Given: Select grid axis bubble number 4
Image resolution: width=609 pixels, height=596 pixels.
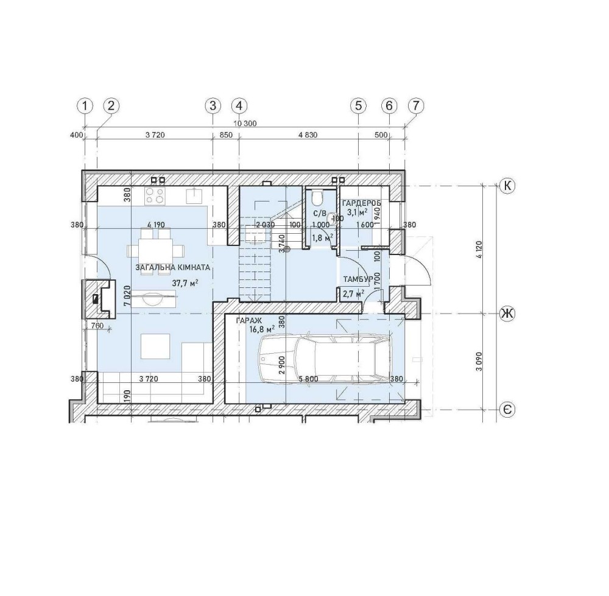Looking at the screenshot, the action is pos(239,105).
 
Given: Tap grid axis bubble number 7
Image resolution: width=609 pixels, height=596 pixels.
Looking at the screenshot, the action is pos(416,105).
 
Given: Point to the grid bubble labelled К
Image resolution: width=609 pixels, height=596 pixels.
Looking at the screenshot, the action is pos(507,186).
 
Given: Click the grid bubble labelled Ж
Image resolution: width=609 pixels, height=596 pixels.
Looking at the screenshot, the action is pos(507,314).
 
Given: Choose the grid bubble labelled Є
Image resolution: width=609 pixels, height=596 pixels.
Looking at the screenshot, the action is pos(507,409).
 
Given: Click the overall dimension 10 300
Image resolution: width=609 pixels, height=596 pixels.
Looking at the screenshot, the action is pos(245,124).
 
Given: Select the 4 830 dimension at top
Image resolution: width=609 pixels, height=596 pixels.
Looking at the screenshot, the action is pos(308,135).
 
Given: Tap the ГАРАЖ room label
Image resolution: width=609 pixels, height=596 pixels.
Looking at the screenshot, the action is pos(249,321).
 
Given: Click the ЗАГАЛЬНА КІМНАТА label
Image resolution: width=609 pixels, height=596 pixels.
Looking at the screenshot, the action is pos(173,267).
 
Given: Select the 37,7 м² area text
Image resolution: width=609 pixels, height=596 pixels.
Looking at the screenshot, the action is pos(185,283).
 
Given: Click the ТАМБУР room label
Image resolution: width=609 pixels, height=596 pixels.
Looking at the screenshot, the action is pos(358,279).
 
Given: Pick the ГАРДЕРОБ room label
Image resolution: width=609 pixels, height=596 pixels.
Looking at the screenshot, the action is pos(361,203).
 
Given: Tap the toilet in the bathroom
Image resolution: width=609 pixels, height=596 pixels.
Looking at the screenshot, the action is pos(318,198).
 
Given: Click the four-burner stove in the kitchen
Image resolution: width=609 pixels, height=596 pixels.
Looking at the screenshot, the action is pos(154,195).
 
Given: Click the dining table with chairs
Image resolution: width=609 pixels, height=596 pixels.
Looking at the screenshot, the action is pos(155,251).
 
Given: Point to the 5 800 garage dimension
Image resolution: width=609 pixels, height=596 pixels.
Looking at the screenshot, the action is pos(309,379).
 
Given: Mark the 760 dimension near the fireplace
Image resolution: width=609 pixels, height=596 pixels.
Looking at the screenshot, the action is pos(96,326).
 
